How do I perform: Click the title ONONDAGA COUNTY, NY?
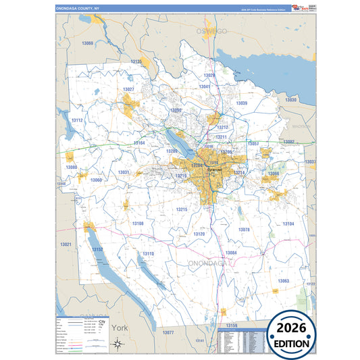[77, 8]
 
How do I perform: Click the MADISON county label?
[301, 126]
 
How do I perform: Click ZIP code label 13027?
[128, 89]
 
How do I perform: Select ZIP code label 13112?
[76, 120]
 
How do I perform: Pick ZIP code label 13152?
[97, 249]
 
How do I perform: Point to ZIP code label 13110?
[148, 253]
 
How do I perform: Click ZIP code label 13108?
[137, 223]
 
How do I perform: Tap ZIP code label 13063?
[283, 280]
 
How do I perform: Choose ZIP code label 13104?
[288, 224]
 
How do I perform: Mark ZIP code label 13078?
[244, 230]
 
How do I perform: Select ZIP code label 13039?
[241, 103]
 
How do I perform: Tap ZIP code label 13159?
[232, 325]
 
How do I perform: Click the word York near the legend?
[120, 328]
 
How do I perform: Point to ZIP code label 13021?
[66, 244]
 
